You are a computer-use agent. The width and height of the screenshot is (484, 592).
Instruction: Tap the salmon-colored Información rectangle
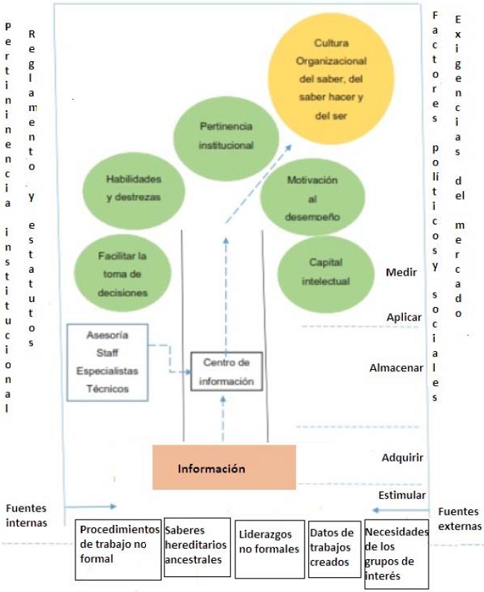coord(223,467)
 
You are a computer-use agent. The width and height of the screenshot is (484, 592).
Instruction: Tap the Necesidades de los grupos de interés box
coord(395,552)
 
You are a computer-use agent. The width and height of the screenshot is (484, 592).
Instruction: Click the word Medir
coord(400,272)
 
